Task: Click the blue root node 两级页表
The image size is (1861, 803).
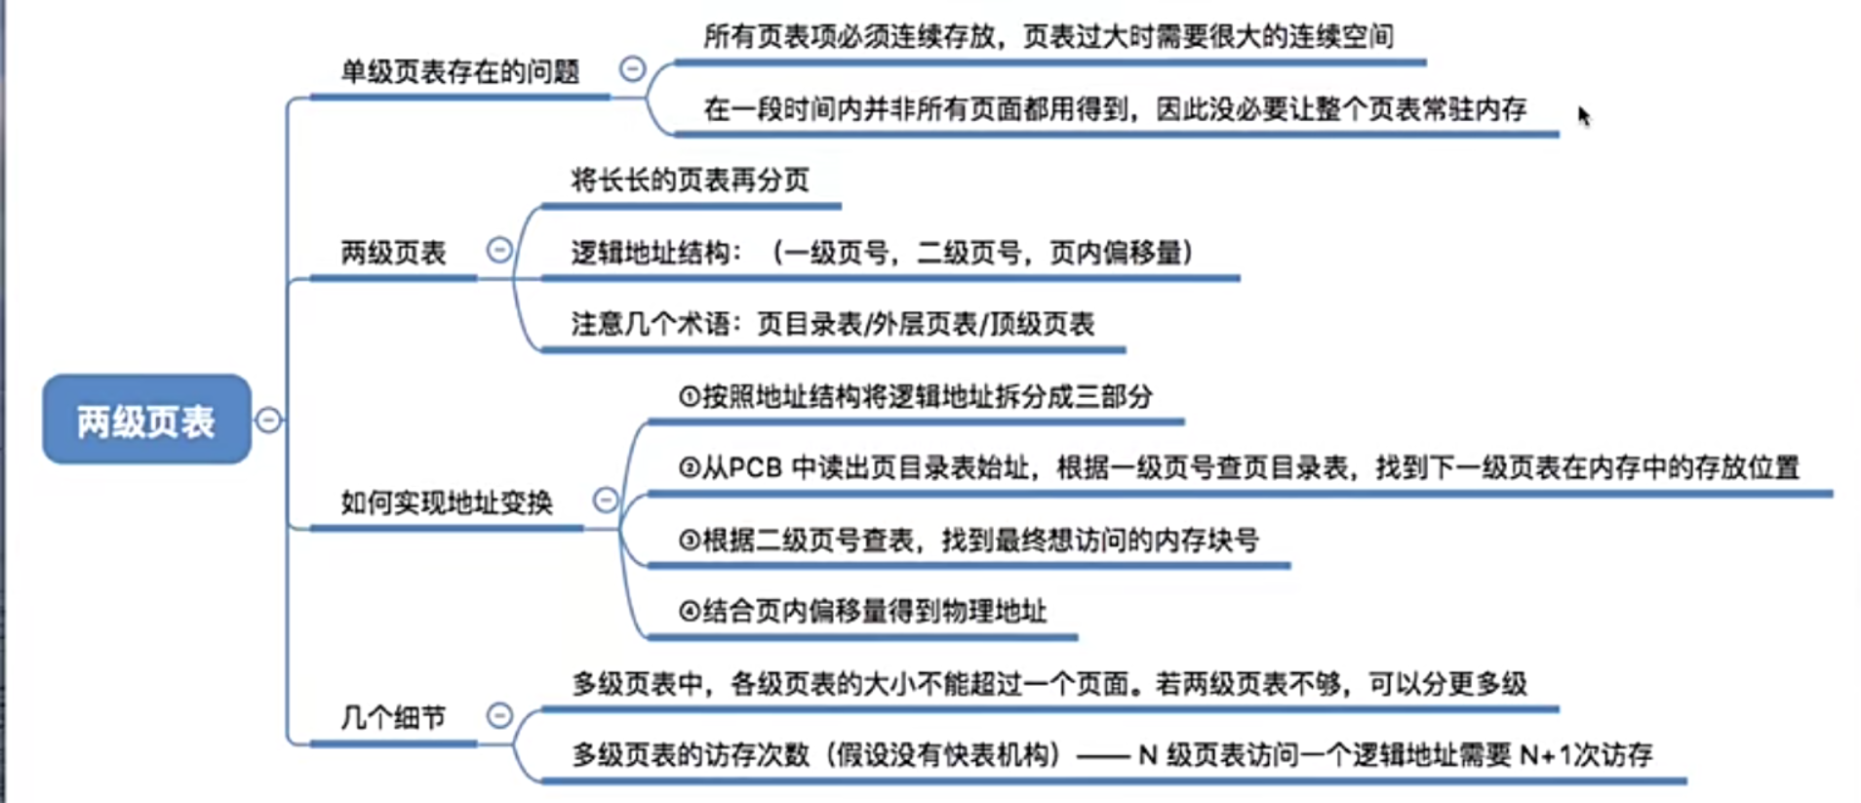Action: (x=146, y=420)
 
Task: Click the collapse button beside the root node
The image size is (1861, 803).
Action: (x=268, y=420)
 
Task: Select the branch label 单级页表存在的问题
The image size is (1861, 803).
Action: (x=459, y=71)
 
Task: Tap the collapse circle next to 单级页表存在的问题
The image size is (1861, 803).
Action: (x=632, y=68)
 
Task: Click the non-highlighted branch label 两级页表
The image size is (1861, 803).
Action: (x=393, y=253)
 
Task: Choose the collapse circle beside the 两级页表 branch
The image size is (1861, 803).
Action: (x=499, y=250)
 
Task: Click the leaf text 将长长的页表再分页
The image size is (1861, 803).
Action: (x=690, y=180)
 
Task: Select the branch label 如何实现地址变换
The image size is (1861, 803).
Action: (x=446, y=502)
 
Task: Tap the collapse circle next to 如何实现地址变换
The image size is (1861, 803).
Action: (x=606, y=500)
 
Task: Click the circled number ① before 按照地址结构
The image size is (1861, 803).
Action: (x=689, y=396)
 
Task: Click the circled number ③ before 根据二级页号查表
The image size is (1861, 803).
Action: (x=689, y=540)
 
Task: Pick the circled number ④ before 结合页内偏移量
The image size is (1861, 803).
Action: (x=689, y=612)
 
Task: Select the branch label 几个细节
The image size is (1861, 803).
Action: (x=393, y=718)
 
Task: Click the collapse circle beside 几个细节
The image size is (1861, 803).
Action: (x=499, y=715)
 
